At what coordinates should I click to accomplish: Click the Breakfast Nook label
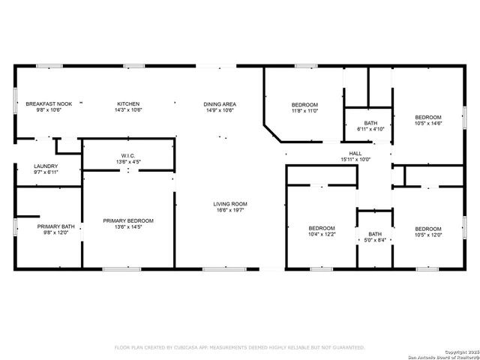[49, 103]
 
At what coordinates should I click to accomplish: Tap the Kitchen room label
[128, 103]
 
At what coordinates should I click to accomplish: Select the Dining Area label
[220, 103]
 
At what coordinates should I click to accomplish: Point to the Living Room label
[230, 204]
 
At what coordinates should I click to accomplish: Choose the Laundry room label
[46, 166]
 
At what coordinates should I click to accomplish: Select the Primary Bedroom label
[128, 220]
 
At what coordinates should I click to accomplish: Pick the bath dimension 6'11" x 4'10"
[370, 129]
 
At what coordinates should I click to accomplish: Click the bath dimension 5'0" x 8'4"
[375, 240]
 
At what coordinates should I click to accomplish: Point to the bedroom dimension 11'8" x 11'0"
[304, 110]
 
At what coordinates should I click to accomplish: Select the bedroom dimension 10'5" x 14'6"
[428, 123]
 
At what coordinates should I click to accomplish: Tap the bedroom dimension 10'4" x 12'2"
[322, 234]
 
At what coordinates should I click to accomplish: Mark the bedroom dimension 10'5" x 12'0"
[428, 234]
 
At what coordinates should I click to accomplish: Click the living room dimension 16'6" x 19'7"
[230, 210]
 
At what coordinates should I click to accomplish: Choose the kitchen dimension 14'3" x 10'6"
[128, 109]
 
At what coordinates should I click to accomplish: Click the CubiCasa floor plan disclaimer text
[239, 348]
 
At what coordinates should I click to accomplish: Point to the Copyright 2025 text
[458, 352]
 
